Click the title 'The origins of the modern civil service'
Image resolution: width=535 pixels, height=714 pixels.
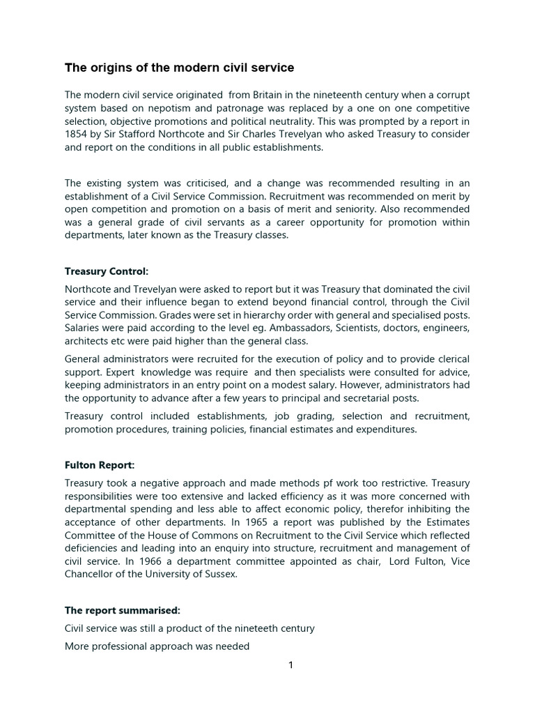tap(179, 68)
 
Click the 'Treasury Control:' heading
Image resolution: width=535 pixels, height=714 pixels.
tap(107, 271)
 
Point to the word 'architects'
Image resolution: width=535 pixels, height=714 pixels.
tap(87, 341)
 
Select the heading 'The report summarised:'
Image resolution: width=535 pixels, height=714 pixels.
tap(122, 610)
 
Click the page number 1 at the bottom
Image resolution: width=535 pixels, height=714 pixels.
tap(291, 664)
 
